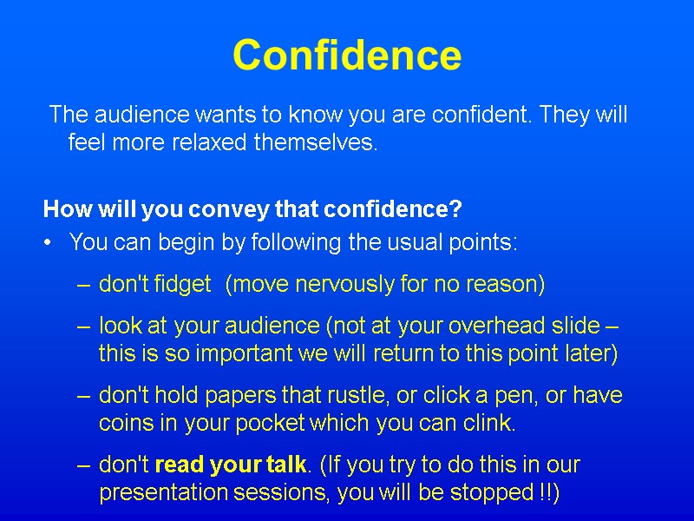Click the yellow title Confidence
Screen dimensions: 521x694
pos(347,54)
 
